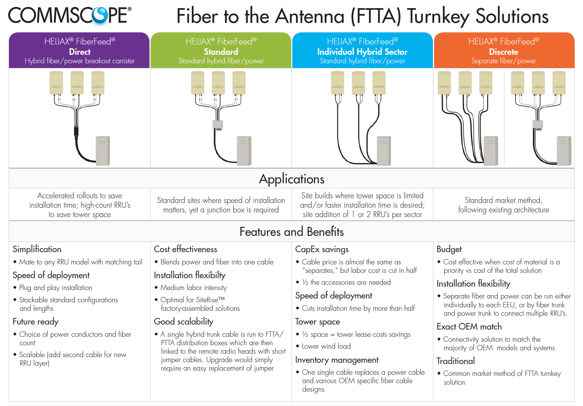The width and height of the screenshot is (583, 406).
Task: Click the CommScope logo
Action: pyautogui.click(x=70, y=15)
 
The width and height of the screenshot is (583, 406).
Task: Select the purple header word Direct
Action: pyautogui.click(x=80, y=52)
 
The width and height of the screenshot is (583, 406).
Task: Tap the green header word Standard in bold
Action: pyautogui.click(x=221, y=52)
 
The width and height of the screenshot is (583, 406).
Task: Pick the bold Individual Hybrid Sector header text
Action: pyautogui.click(x=362, y=52)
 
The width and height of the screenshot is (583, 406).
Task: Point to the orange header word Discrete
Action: pyautogui.click(x=503, y=52)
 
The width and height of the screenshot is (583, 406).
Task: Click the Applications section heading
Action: pyautogui.click(x=291, y=179)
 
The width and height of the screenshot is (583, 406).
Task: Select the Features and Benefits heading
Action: pyautogui.click(x=291, y=232)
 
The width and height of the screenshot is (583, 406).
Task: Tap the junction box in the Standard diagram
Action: pyautogui.click(x=218, y=124)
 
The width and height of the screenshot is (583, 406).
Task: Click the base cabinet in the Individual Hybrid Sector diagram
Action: pyautogui.click(x=384, y=151)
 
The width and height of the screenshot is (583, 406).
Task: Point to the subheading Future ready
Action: pyautogui.click(x=36, y=322)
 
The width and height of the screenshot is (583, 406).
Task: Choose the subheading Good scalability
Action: pyautogui.click(x=184, y=322)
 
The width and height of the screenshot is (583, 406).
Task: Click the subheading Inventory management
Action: pyautogui.click(x=337, y=360)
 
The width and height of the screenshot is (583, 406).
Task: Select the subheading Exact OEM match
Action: pyautogui.click(x=469, y=327)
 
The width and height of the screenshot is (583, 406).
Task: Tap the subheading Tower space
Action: pyautogui.click(x=317, y=322)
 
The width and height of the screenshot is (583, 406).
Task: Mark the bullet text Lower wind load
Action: pyautogui.click(x=326, y=346)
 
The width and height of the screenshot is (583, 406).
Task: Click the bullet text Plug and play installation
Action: pyautogui.click(x=56, y=288)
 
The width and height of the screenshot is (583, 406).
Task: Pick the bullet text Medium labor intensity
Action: pyautogui.click(x=193, y=288)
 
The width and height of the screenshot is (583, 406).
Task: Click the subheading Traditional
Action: pyautogui.click(x=456, y=361)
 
